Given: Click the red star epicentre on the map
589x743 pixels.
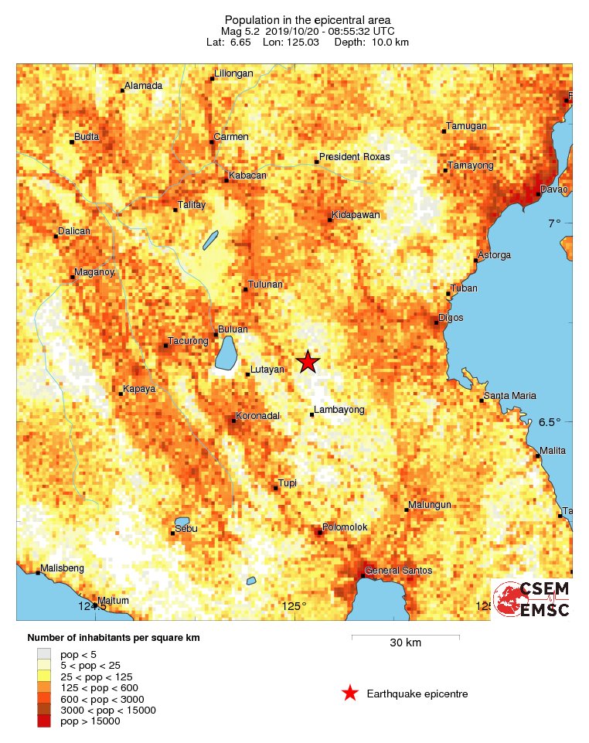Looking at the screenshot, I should (308, 361).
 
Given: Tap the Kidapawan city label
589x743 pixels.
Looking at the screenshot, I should (356, 215).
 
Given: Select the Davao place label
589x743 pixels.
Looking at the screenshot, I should (553, 189).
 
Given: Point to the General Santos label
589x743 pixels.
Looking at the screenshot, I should (398, 571).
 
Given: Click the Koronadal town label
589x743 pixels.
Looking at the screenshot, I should (259, 416).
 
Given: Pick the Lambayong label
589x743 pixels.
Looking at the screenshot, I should (339, 410).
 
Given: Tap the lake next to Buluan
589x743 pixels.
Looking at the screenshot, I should (226, 353).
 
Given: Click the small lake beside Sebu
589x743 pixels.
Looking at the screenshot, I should (182, 522).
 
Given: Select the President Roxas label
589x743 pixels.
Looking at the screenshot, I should (355, 157).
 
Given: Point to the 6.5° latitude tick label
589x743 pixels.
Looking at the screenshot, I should (550, 422).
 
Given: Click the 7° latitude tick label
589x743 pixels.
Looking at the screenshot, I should (554, 224).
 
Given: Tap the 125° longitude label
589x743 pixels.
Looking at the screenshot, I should (294, 606).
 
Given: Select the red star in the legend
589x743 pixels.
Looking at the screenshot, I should (350, 694).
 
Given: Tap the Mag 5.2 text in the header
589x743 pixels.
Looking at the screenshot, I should (242, 31).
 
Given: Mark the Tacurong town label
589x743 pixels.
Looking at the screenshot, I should (189, 341).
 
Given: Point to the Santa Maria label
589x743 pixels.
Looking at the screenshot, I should (509, 396).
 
